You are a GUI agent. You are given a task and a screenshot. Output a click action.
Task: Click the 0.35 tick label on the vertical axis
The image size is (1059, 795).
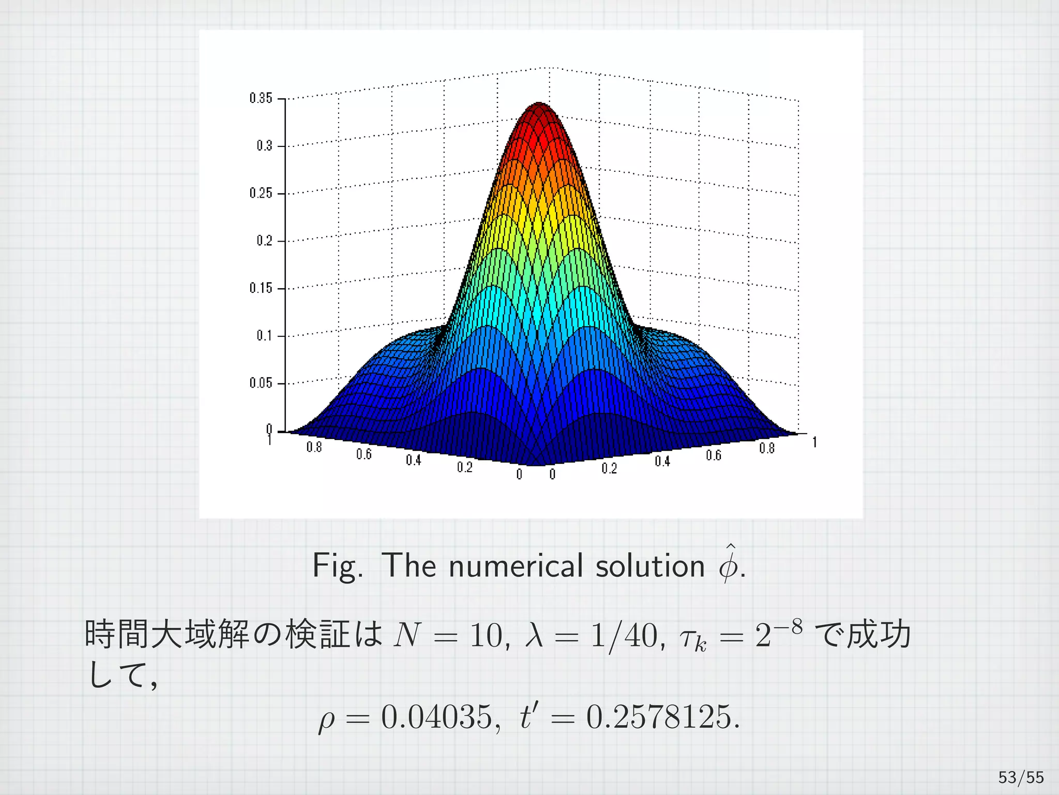click(x=261, y=98)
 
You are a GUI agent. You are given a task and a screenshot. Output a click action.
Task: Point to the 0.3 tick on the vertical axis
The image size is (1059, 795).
click(x=264, y=145)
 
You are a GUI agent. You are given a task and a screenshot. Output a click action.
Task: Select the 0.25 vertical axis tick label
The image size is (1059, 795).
click(x=261, y=193)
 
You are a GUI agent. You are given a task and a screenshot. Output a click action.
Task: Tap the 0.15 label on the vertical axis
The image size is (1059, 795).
click(x=261, y=288)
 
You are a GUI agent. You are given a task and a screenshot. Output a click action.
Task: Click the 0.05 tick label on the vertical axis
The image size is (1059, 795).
click(x=261, y=383)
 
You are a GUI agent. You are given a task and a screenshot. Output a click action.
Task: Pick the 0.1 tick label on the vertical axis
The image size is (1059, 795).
click(x=264, y=335)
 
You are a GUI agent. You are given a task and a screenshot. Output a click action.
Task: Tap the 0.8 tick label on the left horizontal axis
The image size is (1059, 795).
click(x=314, y=447)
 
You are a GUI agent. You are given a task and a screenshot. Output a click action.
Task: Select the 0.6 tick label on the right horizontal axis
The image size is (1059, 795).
click(x=714, y=455)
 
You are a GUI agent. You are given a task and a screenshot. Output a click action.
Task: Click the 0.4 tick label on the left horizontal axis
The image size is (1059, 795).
click(x=413, y=460)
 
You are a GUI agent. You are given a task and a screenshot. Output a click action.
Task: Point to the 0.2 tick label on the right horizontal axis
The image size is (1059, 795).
click(x=609, y=468)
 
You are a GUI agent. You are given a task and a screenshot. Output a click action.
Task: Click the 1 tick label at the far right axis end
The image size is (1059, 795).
click(x=814, y=442)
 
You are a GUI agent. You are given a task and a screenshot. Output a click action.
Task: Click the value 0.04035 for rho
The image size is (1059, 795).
click(x=437, y=717)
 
